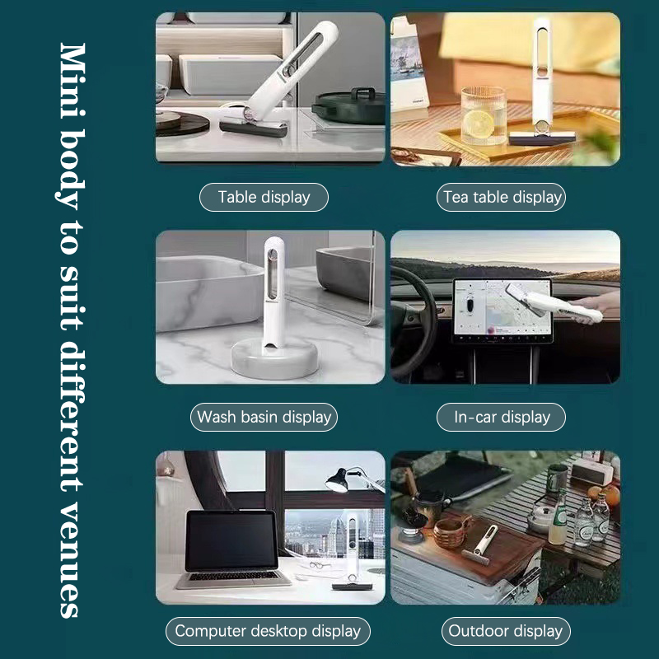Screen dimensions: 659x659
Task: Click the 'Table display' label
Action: pos(264,197)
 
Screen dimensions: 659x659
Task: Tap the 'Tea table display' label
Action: pos(501,197)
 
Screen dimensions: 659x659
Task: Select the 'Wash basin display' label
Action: pos(264,417)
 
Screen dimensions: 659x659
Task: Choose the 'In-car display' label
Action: pos(501,417)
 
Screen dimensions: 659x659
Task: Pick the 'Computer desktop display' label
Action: pos(268,631)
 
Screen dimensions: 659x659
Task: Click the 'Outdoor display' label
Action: pos(506,631)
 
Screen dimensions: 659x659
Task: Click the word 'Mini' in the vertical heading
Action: pos(72,79)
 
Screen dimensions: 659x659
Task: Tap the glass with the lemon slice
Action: pos(483,115)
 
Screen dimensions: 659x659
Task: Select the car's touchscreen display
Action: pos(502,311)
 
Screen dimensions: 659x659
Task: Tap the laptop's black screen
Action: pos(231,540)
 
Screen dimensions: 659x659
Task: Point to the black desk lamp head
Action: pos(338,480)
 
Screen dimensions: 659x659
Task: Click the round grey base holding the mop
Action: pos(274,358)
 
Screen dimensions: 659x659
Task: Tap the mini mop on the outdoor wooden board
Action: pos(480,544)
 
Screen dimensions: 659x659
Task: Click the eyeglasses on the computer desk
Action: pos(320,565)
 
